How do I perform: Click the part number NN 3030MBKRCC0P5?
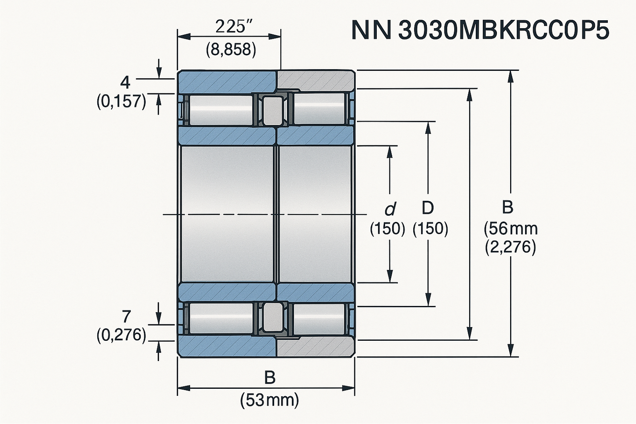point(480,30)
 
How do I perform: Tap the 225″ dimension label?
point(230,27)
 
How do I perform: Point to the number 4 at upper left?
point(126,82)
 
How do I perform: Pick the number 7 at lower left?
point(126,317)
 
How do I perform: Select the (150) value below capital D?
point(430,229)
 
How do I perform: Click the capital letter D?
point(427,207)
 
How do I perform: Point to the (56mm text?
point(510,229)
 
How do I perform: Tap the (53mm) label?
point(269,400)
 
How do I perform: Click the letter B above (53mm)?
point(269,378)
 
